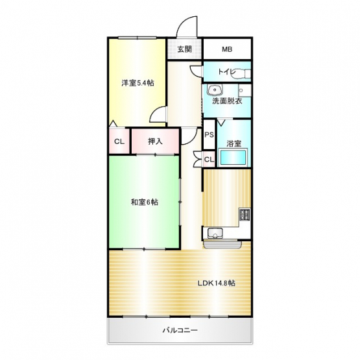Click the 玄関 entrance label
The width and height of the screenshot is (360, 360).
[x=185, y=49]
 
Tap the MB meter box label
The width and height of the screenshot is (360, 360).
[x=227, y=49]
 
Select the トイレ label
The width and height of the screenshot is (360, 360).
[x=227, y=71]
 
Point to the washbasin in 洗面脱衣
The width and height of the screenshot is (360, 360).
[x=215, y=90]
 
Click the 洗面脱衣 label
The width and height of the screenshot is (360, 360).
[x=227, y=101]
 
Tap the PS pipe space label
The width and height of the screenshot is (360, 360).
[x=209, y=135]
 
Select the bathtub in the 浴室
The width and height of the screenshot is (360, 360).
[x=233, y=157]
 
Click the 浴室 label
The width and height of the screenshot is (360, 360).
[x=234, y=144]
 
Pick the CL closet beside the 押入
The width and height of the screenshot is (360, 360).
[x=119, y=141]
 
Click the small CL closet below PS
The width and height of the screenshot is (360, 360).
[x=209, y=159]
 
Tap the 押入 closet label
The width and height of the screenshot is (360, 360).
[x=155, y=141]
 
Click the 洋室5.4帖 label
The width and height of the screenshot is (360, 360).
[x=138, y=83]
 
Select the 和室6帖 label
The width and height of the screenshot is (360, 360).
[x=145, y=202]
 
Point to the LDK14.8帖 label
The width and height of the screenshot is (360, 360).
[x=217, y=283]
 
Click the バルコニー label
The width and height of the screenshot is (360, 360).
[x=180, y=330]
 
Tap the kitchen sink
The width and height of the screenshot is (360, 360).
[x=215, y=234]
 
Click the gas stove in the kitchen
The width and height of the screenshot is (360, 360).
[x=245, y=215]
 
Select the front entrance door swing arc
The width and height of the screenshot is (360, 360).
[x=182, y=22]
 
